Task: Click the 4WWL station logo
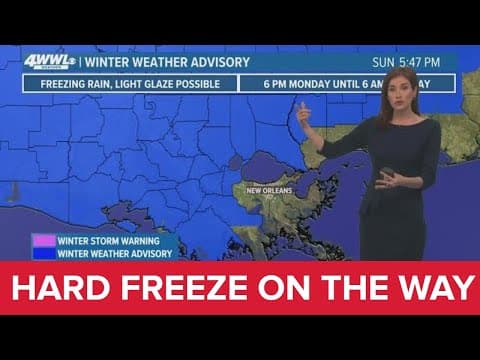click(x=47, y=62)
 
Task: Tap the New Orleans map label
click(x=271, y=188)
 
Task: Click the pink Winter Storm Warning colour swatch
click(x=44, y=240)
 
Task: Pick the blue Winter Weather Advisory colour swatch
click(x=44, y=252)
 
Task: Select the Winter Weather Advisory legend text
click(x=114, y=252)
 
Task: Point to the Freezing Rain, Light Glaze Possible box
click(x=130, y=82)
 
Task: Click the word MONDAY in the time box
click(x=305, y=82)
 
